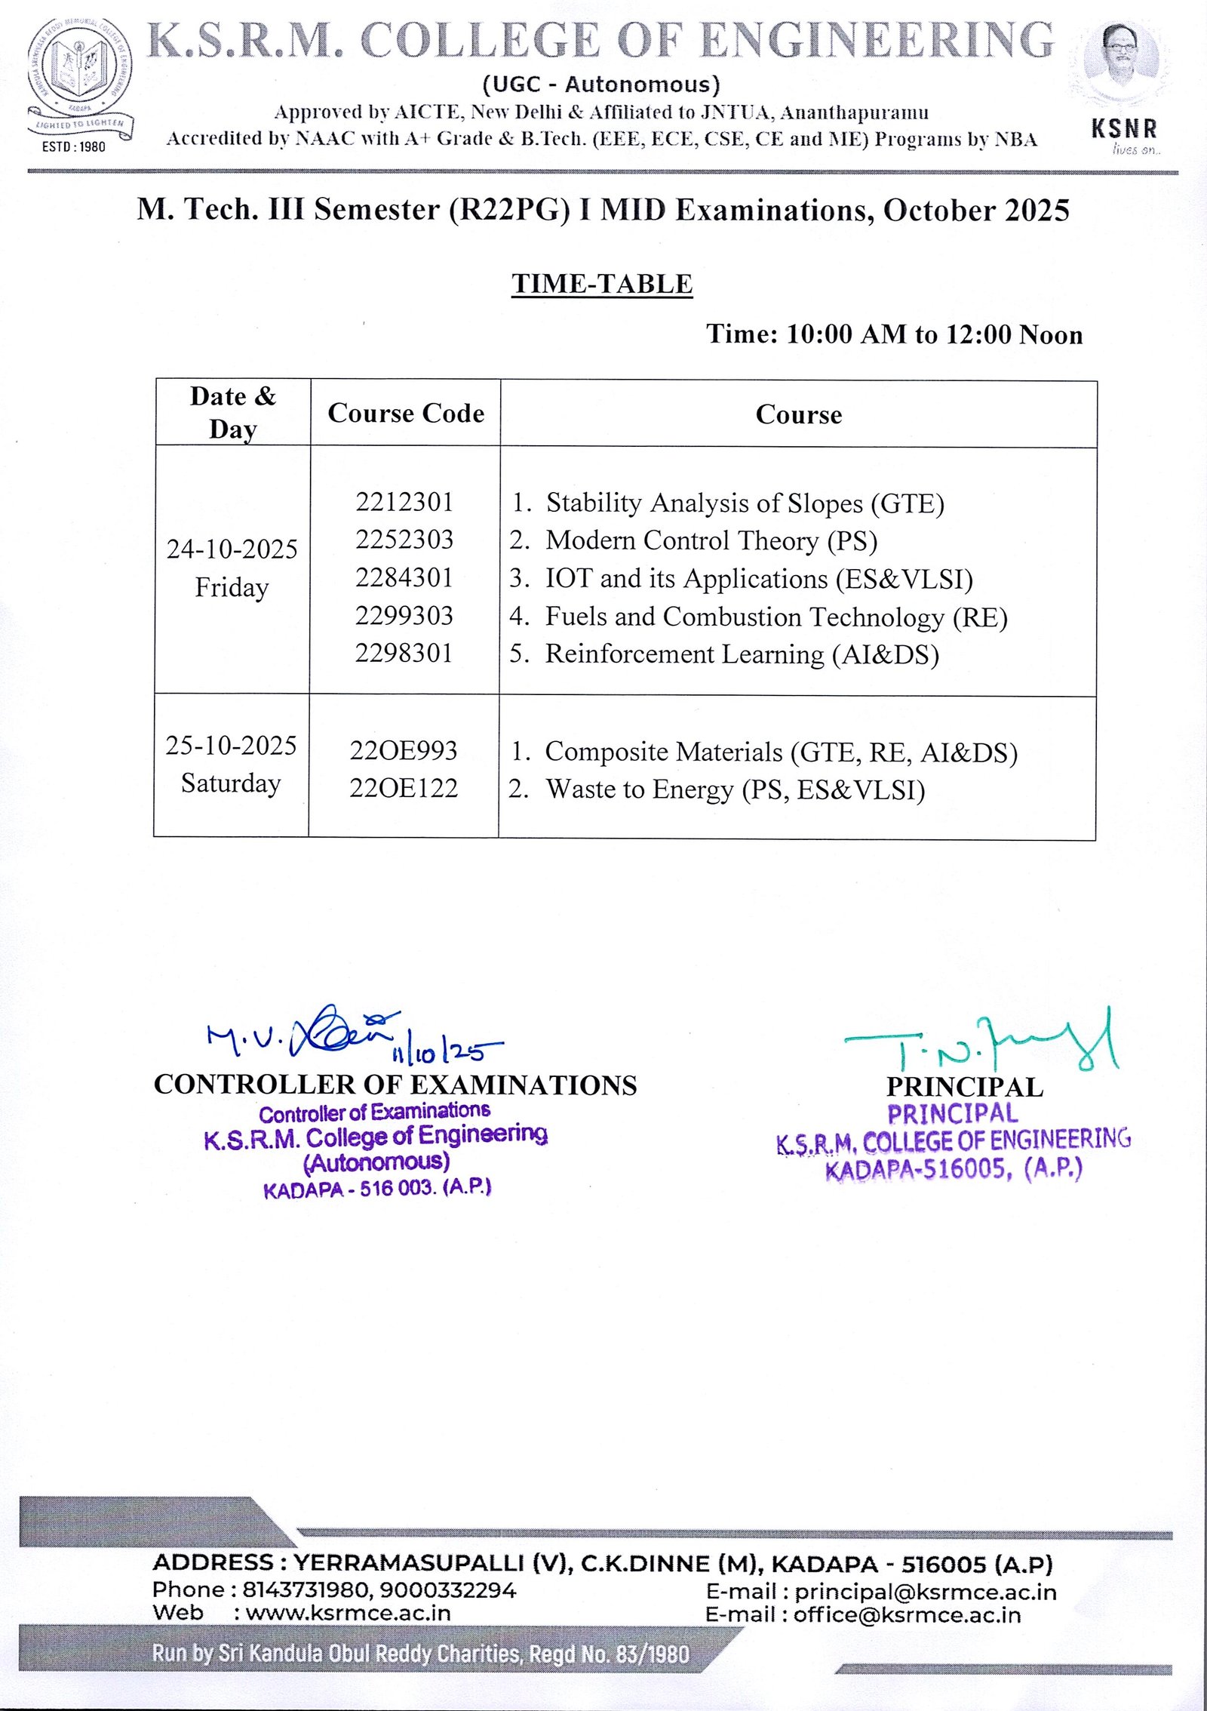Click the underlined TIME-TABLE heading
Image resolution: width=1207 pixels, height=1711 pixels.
602,284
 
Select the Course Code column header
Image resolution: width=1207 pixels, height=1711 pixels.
406,413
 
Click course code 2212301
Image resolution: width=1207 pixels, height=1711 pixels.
404,502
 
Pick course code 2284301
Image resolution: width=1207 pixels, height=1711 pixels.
404,577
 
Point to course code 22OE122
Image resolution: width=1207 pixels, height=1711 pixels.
404,788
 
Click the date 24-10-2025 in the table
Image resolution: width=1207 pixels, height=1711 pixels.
232,549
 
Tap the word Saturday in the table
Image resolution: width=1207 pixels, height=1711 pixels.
231,783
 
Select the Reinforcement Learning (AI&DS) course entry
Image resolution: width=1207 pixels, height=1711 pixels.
742,654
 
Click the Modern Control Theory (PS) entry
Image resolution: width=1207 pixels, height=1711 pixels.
711,540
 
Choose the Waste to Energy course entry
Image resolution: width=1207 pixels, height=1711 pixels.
735,789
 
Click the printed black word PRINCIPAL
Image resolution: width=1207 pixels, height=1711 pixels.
965,1087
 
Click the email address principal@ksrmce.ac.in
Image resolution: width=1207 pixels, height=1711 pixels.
926,1593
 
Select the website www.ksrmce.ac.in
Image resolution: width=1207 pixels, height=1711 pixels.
349,1613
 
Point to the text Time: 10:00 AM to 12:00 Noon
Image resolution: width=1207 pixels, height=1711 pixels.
894,334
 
